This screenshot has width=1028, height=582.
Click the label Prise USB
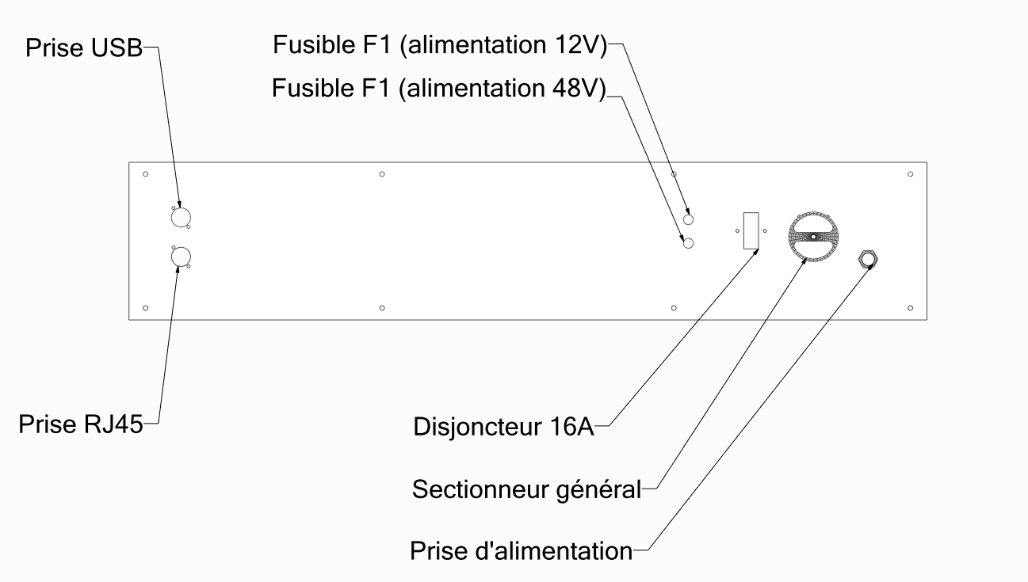point(83,49)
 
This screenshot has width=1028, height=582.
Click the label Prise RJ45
point(80,424)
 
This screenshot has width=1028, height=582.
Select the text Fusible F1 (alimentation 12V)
point(440,44)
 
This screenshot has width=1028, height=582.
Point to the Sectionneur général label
point(526,489)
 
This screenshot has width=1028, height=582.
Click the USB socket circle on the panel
point(181,216)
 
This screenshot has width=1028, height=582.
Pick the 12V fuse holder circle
point(689,219)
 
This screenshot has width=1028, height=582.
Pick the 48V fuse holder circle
point(689,243)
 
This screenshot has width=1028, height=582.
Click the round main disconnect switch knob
point(812,236)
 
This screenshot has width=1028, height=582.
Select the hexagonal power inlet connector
point(867,258)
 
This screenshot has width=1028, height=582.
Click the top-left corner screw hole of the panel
point(145,174)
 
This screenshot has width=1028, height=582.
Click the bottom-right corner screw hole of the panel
point(910,307)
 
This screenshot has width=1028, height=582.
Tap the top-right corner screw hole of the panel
point(910,174)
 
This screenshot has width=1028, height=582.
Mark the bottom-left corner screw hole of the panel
point(145,307)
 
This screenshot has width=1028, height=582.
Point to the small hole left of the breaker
point(737,230)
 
